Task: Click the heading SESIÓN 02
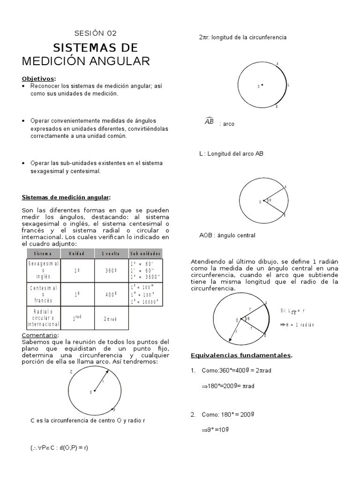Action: (96, 33)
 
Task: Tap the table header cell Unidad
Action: (77, 253)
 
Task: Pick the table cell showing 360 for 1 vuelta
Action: (111, 270)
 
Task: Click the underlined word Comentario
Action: (40, 335)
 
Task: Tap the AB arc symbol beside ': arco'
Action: (209, 122)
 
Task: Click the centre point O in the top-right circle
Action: (262, 85)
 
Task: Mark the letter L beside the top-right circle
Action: (288, 85)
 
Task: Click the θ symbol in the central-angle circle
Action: (270, 201)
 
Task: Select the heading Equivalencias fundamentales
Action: (241, 355)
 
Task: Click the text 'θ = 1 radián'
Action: (300, 324)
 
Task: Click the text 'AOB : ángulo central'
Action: (227, 235)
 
